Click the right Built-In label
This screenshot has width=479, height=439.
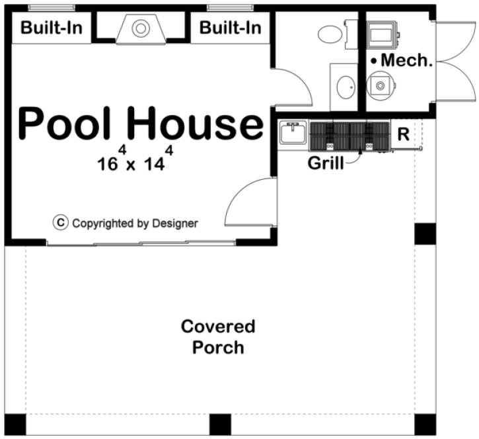tap(230, 28)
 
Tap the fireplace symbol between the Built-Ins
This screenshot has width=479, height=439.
tap(140, 28)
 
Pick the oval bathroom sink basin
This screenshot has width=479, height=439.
tap(345, 86)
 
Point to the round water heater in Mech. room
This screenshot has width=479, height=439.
tap(380, 85)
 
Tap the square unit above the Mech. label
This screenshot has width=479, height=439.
tap(381, 34)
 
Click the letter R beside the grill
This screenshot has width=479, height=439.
tap(403, 134)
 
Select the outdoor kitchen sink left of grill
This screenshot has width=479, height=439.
tap(291, 134)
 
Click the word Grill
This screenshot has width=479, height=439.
tap(326, 163)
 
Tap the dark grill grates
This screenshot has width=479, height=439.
tap(349, 135)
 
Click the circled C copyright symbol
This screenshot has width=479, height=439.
tap(61, 223)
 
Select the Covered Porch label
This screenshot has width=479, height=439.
tap(218, 337)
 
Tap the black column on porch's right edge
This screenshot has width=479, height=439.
tap(425, 234)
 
